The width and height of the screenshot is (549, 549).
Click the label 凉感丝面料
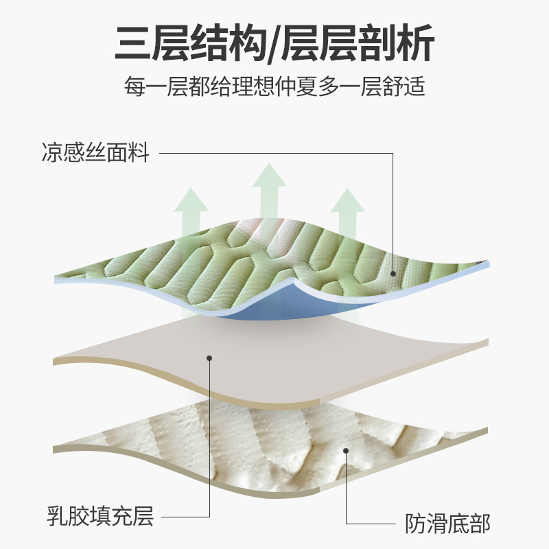click(95, 152)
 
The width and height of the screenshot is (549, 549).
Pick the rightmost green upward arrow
click(347, 216)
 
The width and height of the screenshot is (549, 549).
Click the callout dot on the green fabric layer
click(393, 273)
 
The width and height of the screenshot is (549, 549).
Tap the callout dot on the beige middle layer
click(210, 358)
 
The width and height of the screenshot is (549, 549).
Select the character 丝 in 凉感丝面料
click(95, 152)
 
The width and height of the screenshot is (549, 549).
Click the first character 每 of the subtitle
click(135, 89)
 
